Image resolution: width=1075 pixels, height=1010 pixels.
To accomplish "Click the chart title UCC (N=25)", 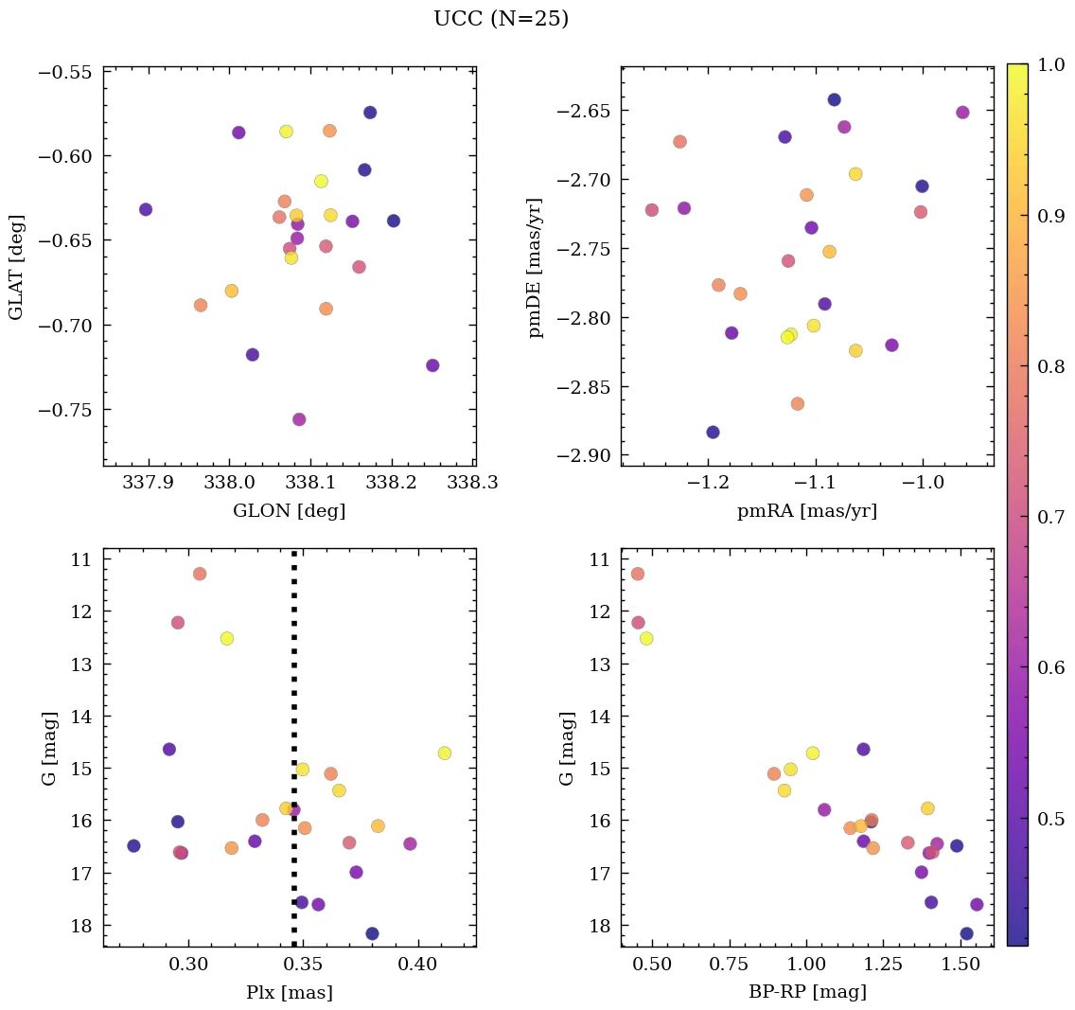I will (501, 19).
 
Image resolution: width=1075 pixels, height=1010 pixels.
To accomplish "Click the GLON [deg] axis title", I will (289, 511).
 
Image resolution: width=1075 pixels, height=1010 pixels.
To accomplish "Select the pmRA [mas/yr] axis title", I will (806, 511).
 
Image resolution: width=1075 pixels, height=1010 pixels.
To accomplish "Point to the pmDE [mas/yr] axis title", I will (537, 266).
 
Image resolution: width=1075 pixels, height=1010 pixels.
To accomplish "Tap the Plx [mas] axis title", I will (289, 993).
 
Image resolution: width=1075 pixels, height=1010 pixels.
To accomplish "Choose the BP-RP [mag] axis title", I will (806, 993).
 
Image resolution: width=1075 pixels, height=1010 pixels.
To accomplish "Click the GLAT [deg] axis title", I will (16, 266).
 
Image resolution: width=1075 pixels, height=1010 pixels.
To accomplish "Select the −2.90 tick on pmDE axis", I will (584, 456).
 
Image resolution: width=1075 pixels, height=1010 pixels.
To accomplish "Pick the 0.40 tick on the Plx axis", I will (417, 964).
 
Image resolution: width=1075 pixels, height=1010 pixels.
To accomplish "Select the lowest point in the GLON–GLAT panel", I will (299, 419).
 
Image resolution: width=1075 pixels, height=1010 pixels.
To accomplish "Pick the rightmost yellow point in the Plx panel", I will (445, 753).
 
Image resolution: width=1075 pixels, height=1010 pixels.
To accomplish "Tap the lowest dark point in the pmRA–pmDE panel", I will (713, 433).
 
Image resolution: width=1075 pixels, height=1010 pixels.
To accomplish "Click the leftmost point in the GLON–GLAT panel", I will (146, 209).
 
